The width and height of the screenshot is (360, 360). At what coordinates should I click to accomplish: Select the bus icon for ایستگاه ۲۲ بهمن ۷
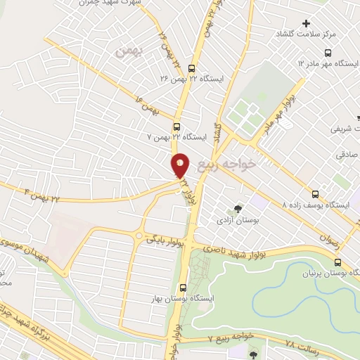174,127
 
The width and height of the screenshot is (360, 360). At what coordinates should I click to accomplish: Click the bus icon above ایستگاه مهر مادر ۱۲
328,53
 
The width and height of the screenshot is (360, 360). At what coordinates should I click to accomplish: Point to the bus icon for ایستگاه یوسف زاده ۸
315,194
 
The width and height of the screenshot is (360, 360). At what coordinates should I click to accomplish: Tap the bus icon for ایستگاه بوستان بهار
183,288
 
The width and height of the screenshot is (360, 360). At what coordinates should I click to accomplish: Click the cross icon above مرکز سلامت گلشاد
306,23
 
